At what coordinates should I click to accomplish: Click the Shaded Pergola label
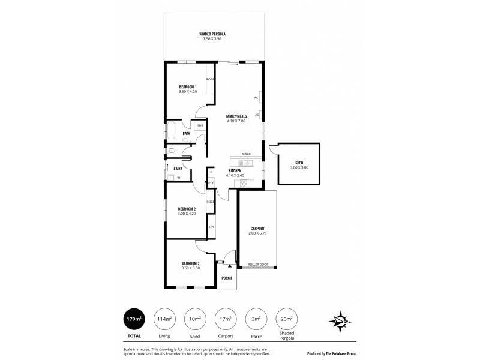pos(212,34)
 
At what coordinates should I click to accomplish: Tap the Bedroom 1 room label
pos(187,87)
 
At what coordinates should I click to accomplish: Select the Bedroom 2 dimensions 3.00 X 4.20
pos(187,214)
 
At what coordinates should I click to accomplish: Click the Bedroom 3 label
pos(190,263)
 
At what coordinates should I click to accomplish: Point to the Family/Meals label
pos(236,116)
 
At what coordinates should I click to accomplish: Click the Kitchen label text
pos(235,171)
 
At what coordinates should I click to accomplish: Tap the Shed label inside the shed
pos(298,163)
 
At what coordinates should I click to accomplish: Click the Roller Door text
pos(257,265)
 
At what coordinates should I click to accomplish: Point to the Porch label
pos(227,278)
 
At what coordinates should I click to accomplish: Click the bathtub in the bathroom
pos(172,131)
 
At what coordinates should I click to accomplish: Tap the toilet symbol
pos(172,151)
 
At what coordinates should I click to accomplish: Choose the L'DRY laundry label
pos(178,169)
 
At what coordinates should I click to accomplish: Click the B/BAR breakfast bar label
pos(246,154)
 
